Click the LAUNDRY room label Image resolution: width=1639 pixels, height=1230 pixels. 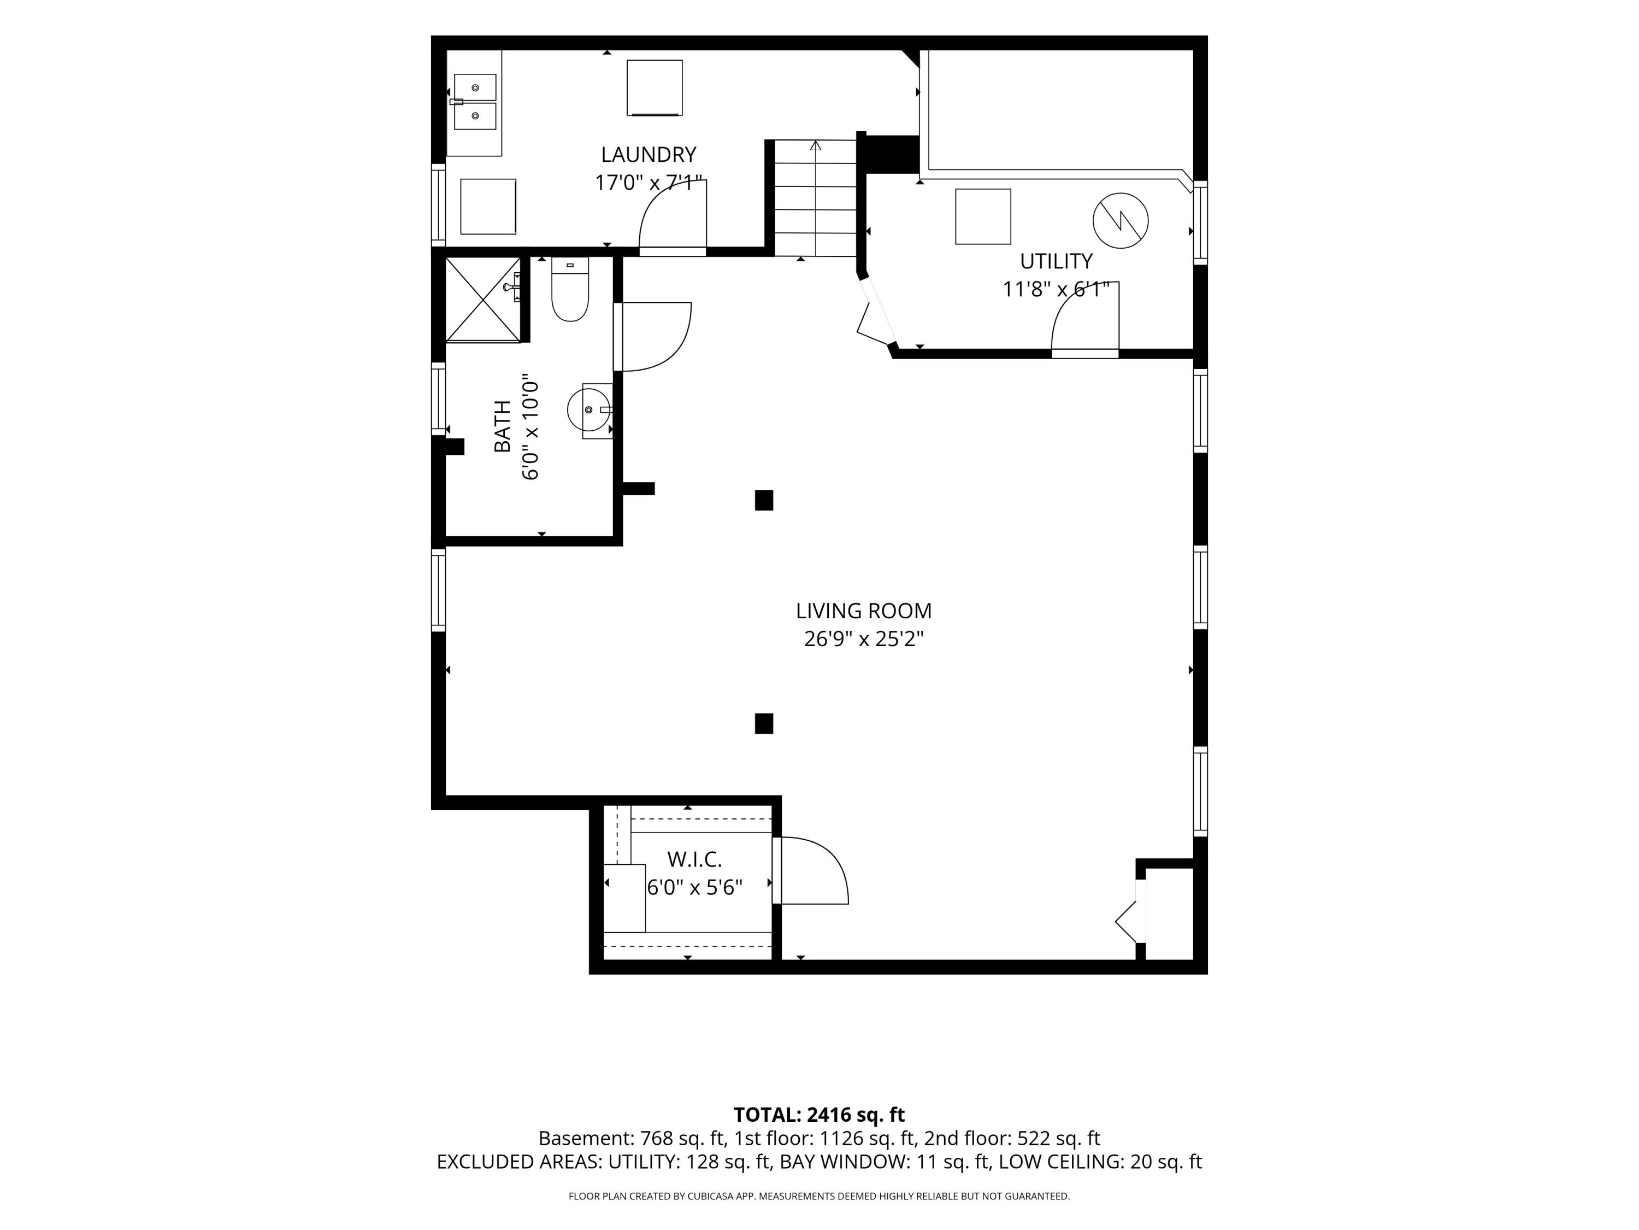click(x=648, y=155)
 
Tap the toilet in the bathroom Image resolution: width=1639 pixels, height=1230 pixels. click(x=570, y=289)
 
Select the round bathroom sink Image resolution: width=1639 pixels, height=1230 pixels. click(x=589, y=410)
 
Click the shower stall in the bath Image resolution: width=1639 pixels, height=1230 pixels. click(x=483, y=300)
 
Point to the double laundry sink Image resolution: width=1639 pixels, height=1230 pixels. click(x=475, y=102)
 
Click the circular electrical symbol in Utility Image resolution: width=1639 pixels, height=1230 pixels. click(x=1121, y=220)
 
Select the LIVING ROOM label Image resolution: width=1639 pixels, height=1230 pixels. click(x=863, y=611)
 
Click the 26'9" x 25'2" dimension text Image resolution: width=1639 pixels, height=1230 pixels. click(x=863, y=639)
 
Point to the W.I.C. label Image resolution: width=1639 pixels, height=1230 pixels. click(x=694, y=859)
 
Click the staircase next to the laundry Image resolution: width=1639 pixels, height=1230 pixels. click(x=816, y=197)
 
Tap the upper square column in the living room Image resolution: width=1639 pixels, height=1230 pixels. click(x=764, y=500)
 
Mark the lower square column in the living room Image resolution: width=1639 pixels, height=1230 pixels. click(x=764, y=724)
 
